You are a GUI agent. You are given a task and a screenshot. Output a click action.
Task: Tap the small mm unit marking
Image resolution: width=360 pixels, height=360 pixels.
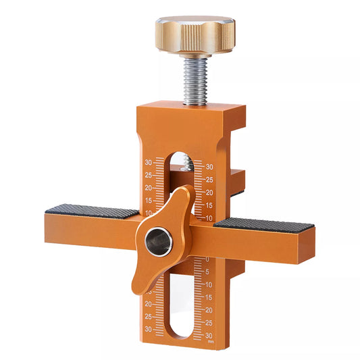tap(211, 342)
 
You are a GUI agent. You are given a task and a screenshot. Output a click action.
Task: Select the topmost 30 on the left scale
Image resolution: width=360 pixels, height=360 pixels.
tap(148, 162)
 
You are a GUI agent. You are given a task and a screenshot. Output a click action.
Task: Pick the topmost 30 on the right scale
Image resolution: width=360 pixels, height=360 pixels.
tap(209, 167)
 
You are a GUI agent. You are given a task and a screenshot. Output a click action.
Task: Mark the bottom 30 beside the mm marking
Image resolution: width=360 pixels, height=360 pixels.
tap(210, 336)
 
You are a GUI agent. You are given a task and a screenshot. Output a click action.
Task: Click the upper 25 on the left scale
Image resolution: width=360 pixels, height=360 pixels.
tap(148, 175)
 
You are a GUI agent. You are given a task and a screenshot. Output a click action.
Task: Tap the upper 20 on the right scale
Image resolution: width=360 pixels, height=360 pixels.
tap(209, 192)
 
